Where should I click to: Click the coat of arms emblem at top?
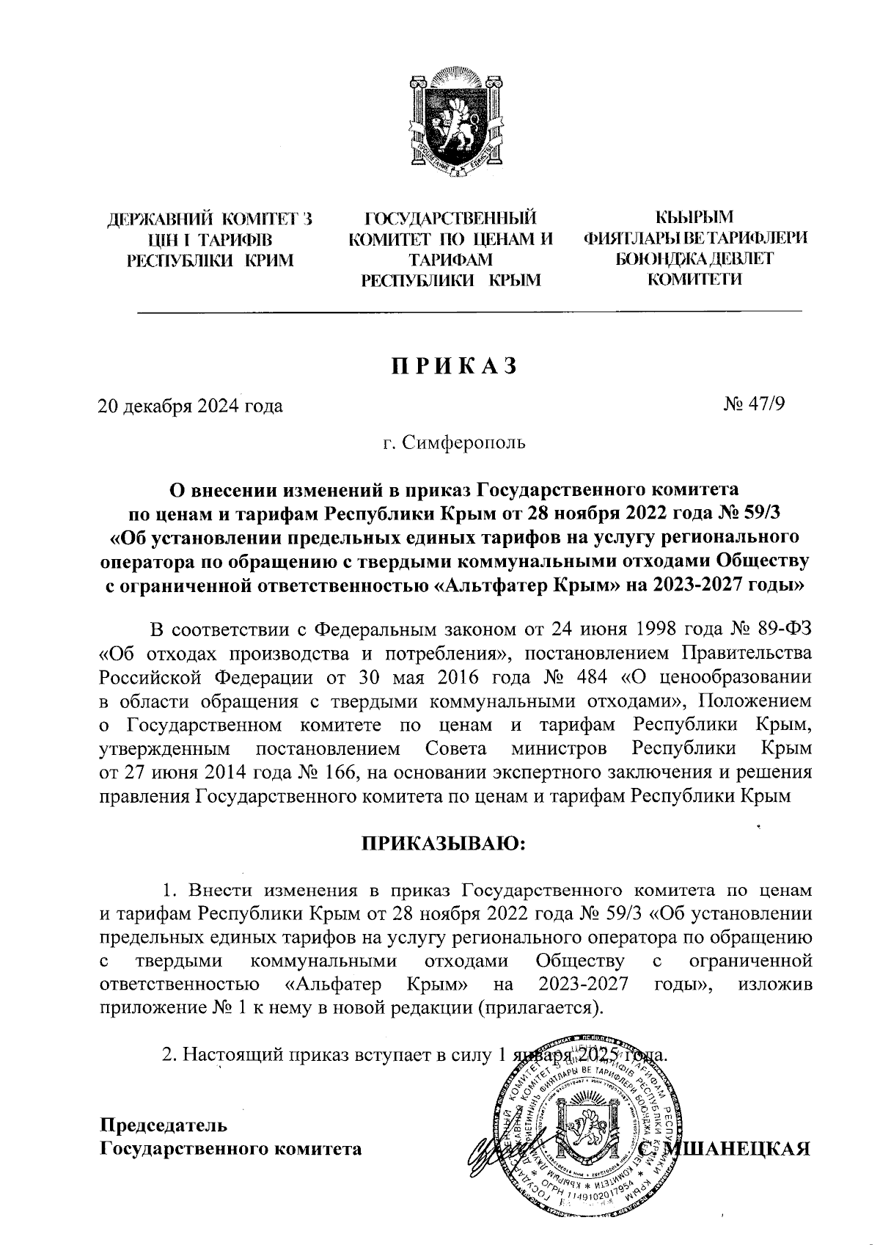(449, 123)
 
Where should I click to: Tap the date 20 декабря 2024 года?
(191, 405)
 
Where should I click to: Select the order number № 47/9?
(755, 404)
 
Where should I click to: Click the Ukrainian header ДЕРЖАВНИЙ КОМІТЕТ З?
(210, 219)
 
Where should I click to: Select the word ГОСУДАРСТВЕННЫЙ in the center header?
(450, 218)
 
